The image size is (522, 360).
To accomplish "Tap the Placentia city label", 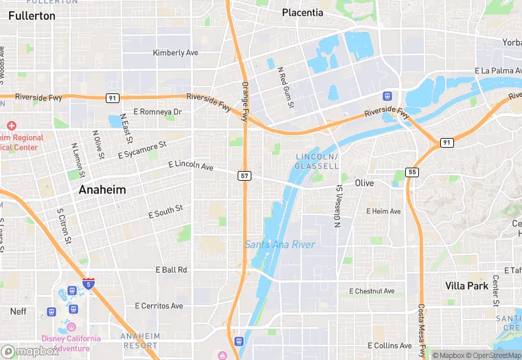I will point(302,12).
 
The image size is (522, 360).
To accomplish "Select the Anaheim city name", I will point(102,190).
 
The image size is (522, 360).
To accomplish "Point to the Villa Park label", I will point(466,286).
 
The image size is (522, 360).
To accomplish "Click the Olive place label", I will point(364,183).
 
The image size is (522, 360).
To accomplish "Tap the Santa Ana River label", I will point(280,245).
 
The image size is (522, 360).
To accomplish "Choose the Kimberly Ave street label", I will point(175,53).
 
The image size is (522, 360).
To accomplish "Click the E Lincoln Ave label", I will point(191,167).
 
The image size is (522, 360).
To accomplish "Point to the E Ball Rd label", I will point(171,270).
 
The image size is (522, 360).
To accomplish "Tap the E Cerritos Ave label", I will point(159,306).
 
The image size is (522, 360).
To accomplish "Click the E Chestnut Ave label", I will point(372,291).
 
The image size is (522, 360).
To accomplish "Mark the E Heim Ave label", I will point(383,211).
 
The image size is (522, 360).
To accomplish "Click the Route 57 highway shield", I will point(245,176).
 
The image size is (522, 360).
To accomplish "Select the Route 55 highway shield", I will point(411,172).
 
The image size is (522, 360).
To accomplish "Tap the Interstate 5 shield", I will point(88,282).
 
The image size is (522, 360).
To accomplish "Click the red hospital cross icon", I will point(11,126).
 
